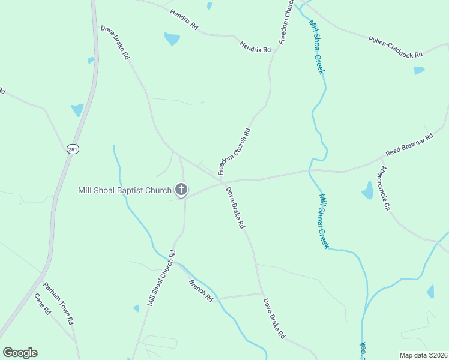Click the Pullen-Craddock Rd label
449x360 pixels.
click(x=395, y=46)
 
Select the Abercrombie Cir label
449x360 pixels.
click(x=386, y=188)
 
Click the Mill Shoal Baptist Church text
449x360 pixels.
click(x=124, y=191)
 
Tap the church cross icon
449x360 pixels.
click(x=181, y=191)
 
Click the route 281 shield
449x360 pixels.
click(x=73, y=149)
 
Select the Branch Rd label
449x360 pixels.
click(x=201, y=290)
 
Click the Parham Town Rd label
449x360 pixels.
click(x=58, y=303)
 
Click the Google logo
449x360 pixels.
click(x=20, y=353)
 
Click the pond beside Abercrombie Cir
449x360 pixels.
click(x=367, y=191)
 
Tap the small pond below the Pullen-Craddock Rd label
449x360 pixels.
click(x=419, y=70)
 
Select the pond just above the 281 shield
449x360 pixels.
click(x=77, y=110)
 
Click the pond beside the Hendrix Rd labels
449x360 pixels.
click(x=172, y=40)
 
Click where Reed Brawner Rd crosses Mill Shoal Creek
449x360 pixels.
click(x=310, y=170)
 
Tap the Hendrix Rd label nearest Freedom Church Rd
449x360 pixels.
click(x=255, y=46)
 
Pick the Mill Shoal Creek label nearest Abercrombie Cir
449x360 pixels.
click(x=324, y=220)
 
